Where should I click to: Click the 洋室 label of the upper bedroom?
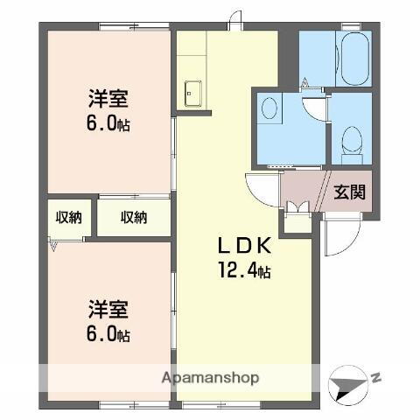click(x=108, y=99)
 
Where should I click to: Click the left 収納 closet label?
click(x=69, y=217)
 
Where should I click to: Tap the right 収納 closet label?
click(x=133, y=217)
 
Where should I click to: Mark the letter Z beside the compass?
click(x=374, y=377)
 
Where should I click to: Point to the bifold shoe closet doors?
click(x=297, y=207)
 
